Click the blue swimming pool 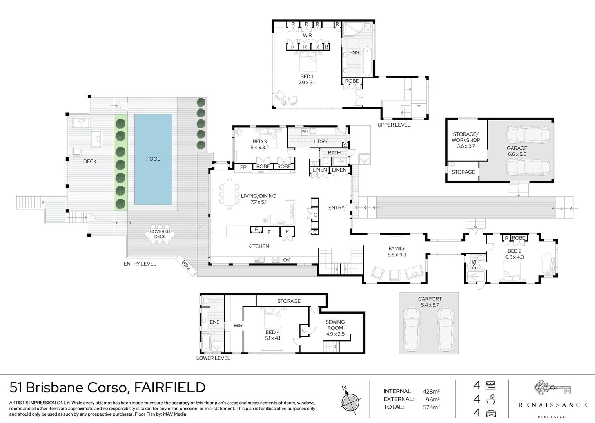coord(153,159)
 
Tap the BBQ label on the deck coord(186,265)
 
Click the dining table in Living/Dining coord(229,194)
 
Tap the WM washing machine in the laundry coord(305,132)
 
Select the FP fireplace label coord(243,167)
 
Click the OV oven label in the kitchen coord(287,260)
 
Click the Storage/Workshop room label coord(466,140)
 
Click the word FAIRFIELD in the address coord(170,387)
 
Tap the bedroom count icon coord(491,386)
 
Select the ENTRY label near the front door coord(336,208)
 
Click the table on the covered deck coord(160,234)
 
